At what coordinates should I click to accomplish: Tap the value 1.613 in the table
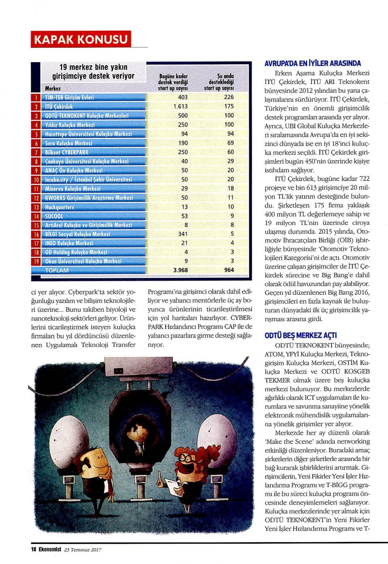tap(180, 106)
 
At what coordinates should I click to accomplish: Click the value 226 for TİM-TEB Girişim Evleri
tap(229, 97)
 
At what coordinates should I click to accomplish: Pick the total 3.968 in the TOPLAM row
tap(180, 270)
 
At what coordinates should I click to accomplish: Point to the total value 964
tap(229, 270)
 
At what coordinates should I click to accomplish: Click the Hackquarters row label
tap(60, 207)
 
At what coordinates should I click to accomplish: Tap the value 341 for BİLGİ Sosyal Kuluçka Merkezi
tap(182, 234)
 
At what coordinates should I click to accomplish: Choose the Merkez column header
tap(53, 89)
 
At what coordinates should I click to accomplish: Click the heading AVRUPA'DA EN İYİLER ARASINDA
tap(312, 64)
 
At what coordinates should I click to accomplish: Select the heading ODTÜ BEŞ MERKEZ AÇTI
tap(301, 335)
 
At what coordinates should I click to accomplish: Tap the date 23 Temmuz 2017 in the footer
tap(83, 550)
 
